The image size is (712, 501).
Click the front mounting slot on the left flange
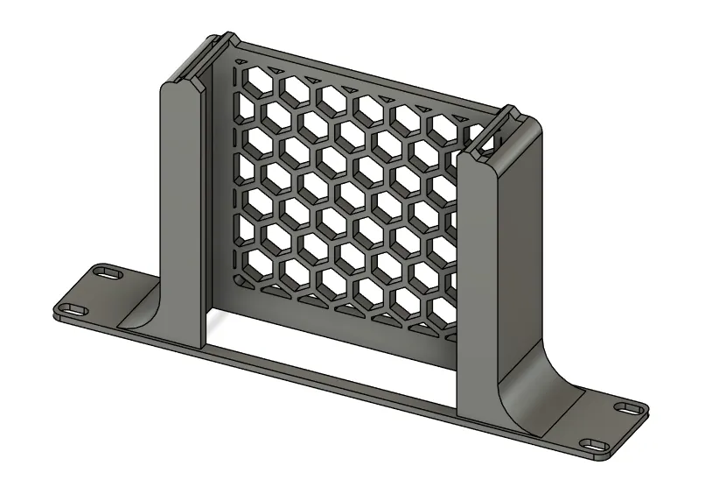tap(70, 309)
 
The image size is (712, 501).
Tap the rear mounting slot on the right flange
tap(626, 409)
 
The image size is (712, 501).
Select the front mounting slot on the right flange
tap(597, 446)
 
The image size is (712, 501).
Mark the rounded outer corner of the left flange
tap(58, 311)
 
